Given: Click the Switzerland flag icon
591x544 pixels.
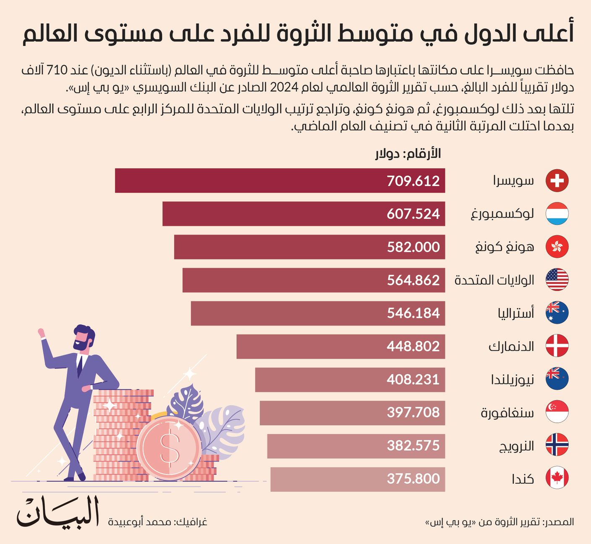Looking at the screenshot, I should (557, 181).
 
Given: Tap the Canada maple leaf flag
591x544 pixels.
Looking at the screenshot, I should (557, 478).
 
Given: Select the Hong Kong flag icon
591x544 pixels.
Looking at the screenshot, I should (557, 247).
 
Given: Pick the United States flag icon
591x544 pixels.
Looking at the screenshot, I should (557, 280).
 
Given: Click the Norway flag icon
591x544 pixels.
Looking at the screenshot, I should (557, 445).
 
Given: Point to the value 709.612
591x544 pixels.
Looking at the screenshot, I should (413, 181).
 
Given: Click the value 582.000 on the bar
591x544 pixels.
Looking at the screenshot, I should (413, 247).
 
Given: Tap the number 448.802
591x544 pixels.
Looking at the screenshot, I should (413, 346).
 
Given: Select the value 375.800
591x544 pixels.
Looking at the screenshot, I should (413, 479).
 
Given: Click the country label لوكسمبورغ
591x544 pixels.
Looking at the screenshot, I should (502, 214).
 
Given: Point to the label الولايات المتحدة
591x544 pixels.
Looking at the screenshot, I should (494, 280).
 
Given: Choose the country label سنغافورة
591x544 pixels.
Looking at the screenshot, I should (507, 413).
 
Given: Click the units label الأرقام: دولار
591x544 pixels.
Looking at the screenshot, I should (408, 154).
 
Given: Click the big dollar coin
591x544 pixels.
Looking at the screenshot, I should (169, 449).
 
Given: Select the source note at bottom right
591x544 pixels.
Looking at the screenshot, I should (499, 522).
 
